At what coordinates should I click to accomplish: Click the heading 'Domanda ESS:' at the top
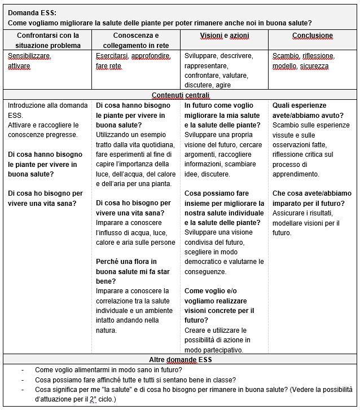32,12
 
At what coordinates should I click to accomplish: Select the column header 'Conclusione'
312,36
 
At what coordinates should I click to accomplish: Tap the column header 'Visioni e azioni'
224,36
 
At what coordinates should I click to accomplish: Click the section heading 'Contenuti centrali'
181,95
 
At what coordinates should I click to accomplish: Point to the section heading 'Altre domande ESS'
181,359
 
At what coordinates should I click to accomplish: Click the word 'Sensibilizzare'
29,56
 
